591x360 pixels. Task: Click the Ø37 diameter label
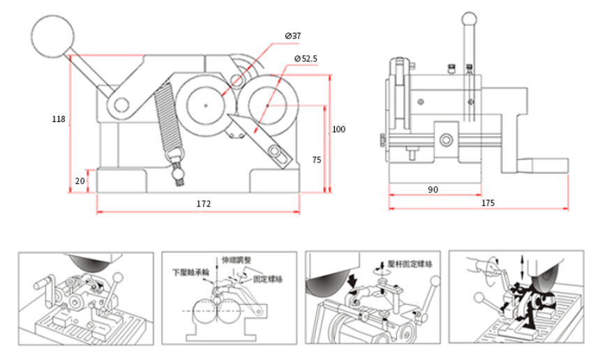[x=293, y=35]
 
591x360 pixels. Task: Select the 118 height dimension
[x=59, y=119]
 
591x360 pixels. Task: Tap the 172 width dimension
[x=203, y=204]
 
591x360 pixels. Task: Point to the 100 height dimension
[x=338, y=129]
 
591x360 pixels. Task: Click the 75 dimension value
[x=316, y=160]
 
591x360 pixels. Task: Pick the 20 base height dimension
[x=79, y=180]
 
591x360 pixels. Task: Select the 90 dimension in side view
[x=433, y=189]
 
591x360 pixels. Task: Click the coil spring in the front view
[x=166, y=119]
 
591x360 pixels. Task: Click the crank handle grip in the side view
[x=549, y=165]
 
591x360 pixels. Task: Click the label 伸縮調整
[x=232, y=260]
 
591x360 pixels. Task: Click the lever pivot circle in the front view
[x=121, y=105]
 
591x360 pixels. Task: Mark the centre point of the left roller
[x=207, y=105]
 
